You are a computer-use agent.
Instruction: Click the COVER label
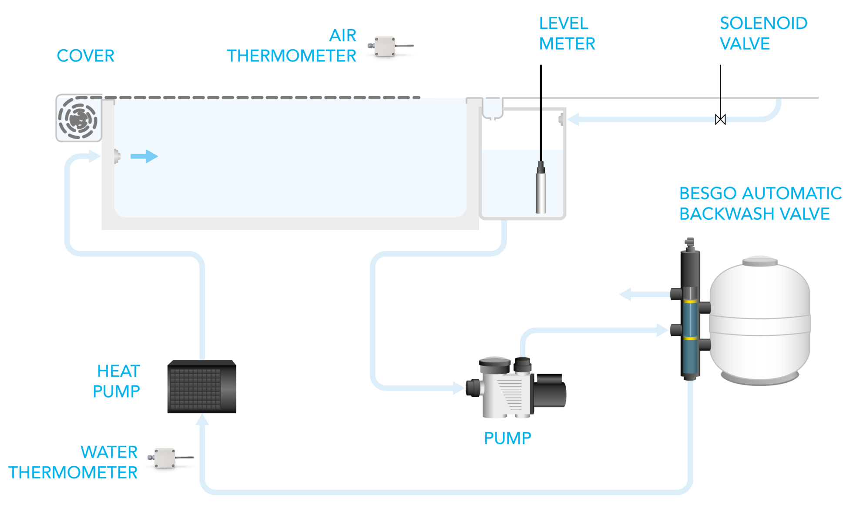click(x=86, y=56)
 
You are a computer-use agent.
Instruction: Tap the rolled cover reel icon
click(x=78, y=118)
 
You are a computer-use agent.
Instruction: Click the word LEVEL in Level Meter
click(x=564, y=23)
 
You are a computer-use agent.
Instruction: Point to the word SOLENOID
click(x=763, y=23)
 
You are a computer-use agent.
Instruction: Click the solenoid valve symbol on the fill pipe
click(x=720, y=119)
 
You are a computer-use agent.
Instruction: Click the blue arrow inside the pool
click(x=145, y=156)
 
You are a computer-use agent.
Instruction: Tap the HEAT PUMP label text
click(x=118, y=381)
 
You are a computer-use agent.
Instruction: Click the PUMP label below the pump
click(x=507, y=438)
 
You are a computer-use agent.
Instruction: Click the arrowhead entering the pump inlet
click(x=459, y=388)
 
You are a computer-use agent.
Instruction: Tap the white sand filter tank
click(x=760, y=322)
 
